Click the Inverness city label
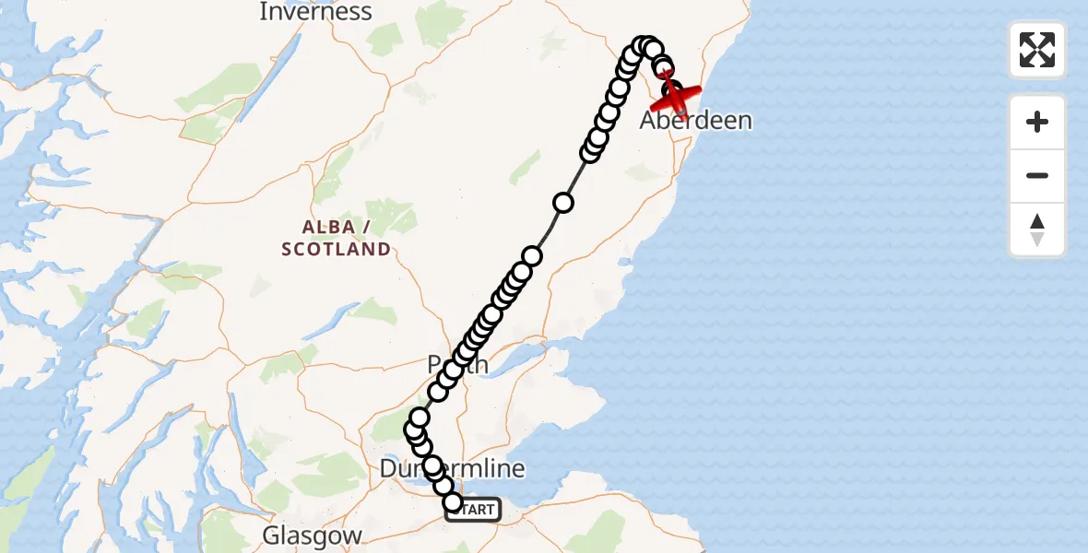pyautogui.click(x=315, y=12)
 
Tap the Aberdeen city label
pyautogui.click(x=696, y=121)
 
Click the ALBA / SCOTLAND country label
pyautogui.click(x=336, y=238)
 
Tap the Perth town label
pyautogui.click(x=458, y=365)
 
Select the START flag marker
pyautogui.click(x=475, y=510)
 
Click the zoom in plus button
pyautogui.click(x=1037, y=122)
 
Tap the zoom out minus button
pyautogui.click(x=1037, y=175)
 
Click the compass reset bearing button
pyautogui.click(x=1037, y=229)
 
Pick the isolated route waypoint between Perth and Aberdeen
pyautogui.click(x=562, y=203)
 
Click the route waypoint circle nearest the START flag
pyautogui.click(x=453, y=502)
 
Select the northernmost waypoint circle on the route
pyautogui.click(x=645, y=46)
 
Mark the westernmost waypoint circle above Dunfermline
pyautogui.click(x=414, y=429)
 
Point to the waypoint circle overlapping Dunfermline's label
pyautogui.click(x=432, y=465)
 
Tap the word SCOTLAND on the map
pyautogui.click(x=336, y=249)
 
